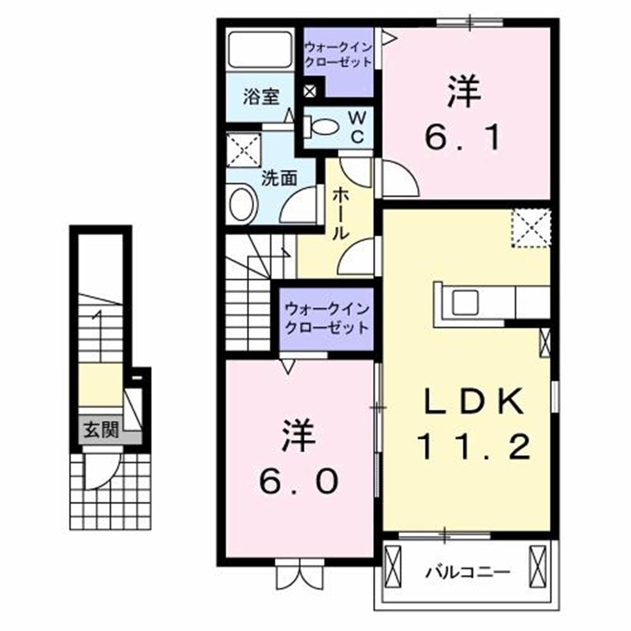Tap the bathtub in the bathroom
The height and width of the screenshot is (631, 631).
(x=260, y=50)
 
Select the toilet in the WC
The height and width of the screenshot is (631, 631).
(x=322, y=125)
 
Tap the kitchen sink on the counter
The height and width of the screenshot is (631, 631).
(x=465, y=301)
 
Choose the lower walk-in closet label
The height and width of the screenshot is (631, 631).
(x=327, y=318)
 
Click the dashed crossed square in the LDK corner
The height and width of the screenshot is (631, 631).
(x=531, y=228)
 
